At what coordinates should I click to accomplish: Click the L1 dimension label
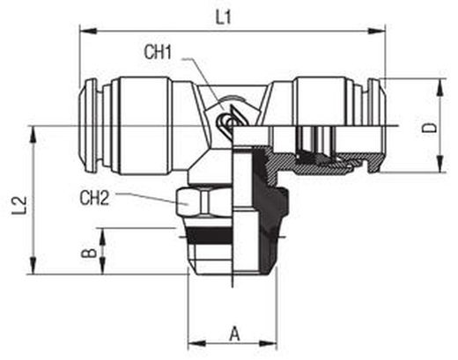(224, 18)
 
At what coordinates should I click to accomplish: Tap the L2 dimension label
(19, 205)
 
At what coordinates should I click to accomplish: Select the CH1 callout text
(158, 52)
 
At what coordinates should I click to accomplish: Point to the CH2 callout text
(94, 198)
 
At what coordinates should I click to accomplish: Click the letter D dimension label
(430, 128)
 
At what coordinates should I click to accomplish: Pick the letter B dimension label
(89, 253)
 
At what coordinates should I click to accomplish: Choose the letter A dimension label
(234, 334)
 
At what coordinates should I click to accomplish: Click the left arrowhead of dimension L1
(88, 31)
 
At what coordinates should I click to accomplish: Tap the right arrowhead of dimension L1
(377, 31)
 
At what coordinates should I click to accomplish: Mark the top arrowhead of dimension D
(440, 87)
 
